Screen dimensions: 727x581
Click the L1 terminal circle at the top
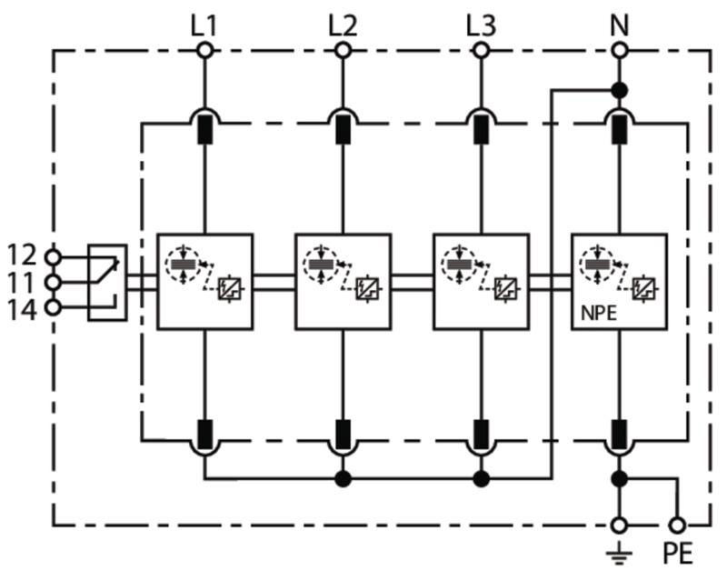[204, 50]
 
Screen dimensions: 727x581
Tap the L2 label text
[343, 25]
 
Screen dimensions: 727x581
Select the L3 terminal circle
[481, 50]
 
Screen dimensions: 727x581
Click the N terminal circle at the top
[620, 50]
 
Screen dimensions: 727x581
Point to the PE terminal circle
[677, 526]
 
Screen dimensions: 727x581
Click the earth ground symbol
[619, 555]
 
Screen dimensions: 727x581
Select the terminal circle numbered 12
[53, 256]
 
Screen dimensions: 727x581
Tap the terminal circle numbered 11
[53, 282]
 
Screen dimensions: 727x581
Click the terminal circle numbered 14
[53, 307]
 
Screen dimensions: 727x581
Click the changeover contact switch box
[107, 282]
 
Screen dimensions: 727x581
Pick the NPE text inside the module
[599, 314]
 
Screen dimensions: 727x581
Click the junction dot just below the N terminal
[620, 90]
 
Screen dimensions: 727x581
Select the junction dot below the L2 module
[343, 478]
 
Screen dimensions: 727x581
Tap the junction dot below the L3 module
[481, 478]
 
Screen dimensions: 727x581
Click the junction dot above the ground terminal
[620, 478]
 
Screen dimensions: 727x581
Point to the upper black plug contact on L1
[205, 129]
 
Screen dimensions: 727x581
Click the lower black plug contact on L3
[481, 435]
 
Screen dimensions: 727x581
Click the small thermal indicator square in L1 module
[229, 288]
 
